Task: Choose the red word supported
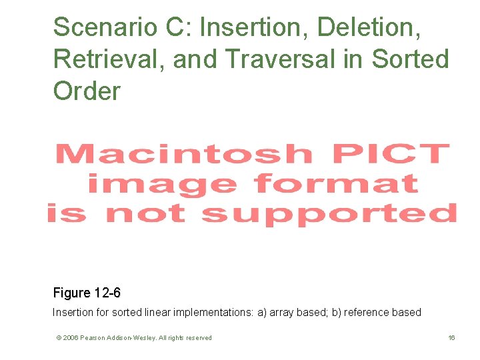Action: (x=329, y=213)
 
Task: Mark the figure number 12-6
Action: (x=107, y=293)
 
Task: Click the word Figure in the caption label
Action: (x=72, y=293)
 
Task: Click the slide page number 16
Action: (x=451, y=338)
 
